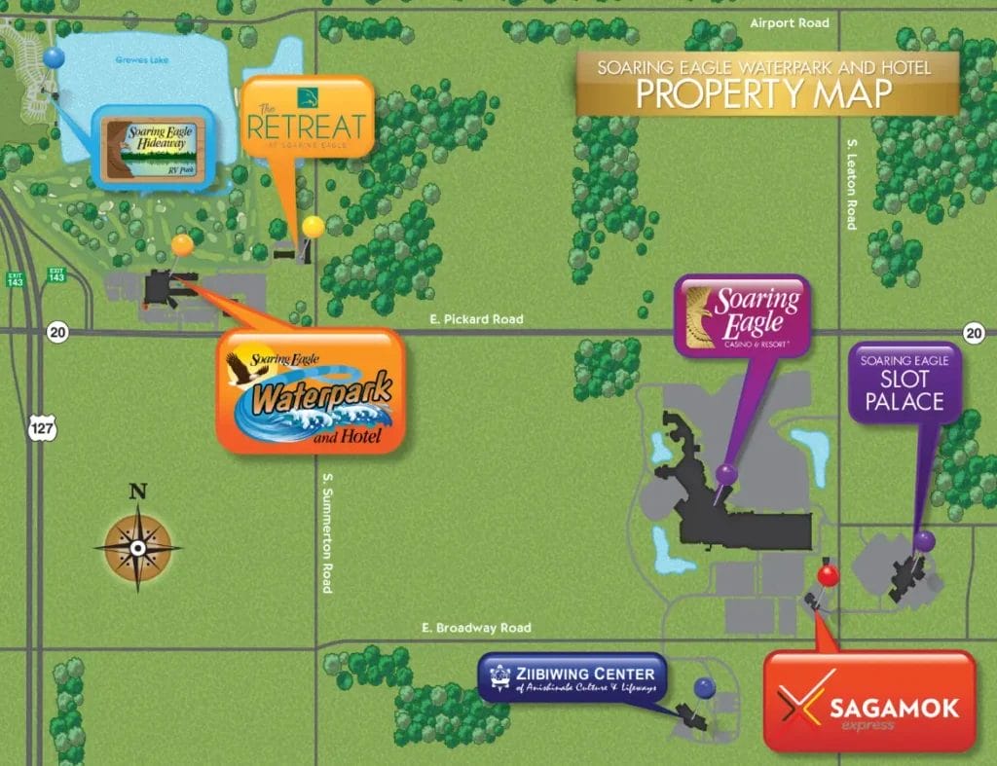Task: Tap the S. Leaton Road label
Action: click(851, 184)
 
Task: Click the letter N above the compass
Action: click(138, 492)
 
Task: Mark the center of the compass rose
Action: click(138, 548)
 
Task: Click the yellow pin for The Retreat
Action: click(313, 227)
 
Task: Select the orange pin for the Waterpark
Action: click(182, 244)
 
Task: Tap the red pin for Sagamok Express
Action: click(828, 575)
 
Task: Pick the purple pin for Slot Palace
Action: click(924, 540)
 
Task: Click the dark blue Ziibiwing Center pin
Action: click(705, 688)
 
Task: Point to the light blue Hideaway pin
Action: click(55, 57)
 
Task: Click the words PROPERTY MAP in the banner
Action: click(763, 94)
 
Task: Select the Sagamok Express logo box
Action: click(868, 701)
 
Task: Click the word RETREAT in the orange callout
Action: click(308, 128)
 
